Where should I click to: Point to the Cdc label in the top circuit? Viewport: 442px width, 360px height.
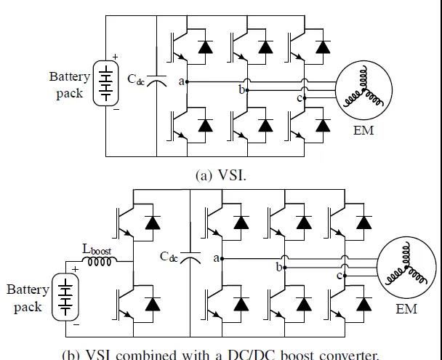click(x=137, y=79)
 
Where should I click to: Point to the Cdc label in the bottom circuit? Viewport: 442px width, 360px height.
click(x=169, y=256)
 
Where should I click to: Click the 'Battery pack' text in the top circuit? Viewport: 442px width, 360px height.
click(x=70, y=85)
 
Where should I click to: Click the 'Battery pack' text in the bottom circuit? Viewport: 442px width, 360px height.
click(x=28, y=297)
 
